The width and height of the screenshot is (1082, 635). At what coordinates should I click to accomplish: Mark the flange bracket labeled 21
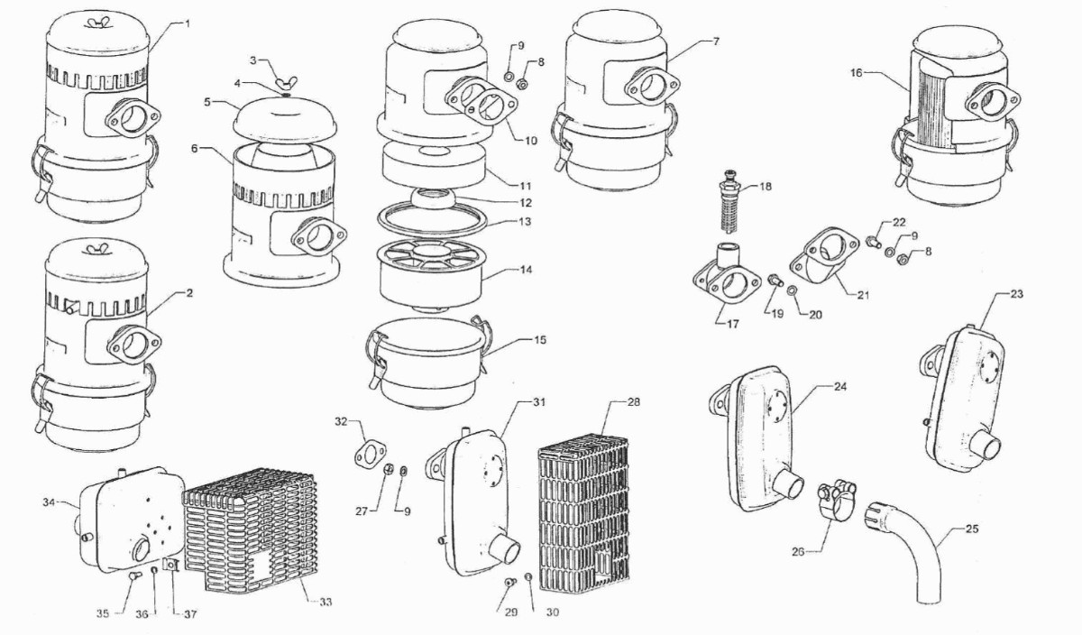click(825, 253)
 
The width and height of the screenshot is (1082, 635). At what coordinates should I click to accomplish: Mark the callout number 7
click(715, 41)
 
